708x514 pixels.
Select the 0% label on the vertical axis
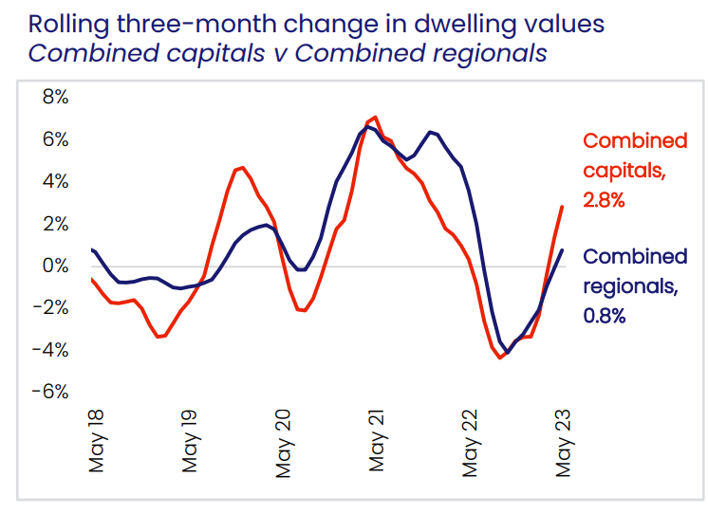pyautogui.click(x=54, y=266)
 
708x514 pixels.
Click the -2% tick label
pyautogui.click(x=49, y=308)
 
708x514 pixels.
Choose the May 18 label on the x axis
pyautogui.click(x=97, y=443)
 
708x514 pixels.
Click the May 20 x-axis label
pyautogui.click(x=284, y=443)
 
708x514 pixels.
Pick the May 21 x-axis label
pyautogui.click(x=378, y=443)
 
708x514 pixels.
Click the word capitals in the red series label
pyautogui.click(x=622, y=172)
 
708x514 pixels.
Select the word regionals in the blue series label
pyautogui.click(x=625, y=286)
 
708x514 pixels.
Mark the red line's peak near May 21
pyautogui.click(x=376, y=117)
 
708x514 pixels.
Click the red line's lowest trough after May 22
pyautogui.click(x=500, y=358)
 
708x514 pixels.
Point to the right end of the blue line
pyautogui.click(x=563, y=250)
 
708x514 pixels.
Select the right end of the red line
pyautogui.click(x=563, y=207)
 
